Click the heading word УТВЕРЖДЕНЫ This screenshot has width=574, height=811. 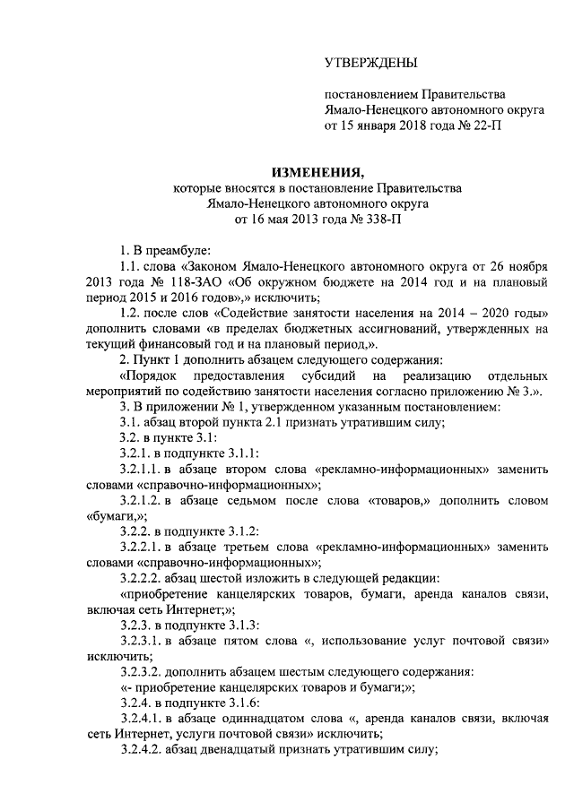pyautogui.click(x=370, y=62)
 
